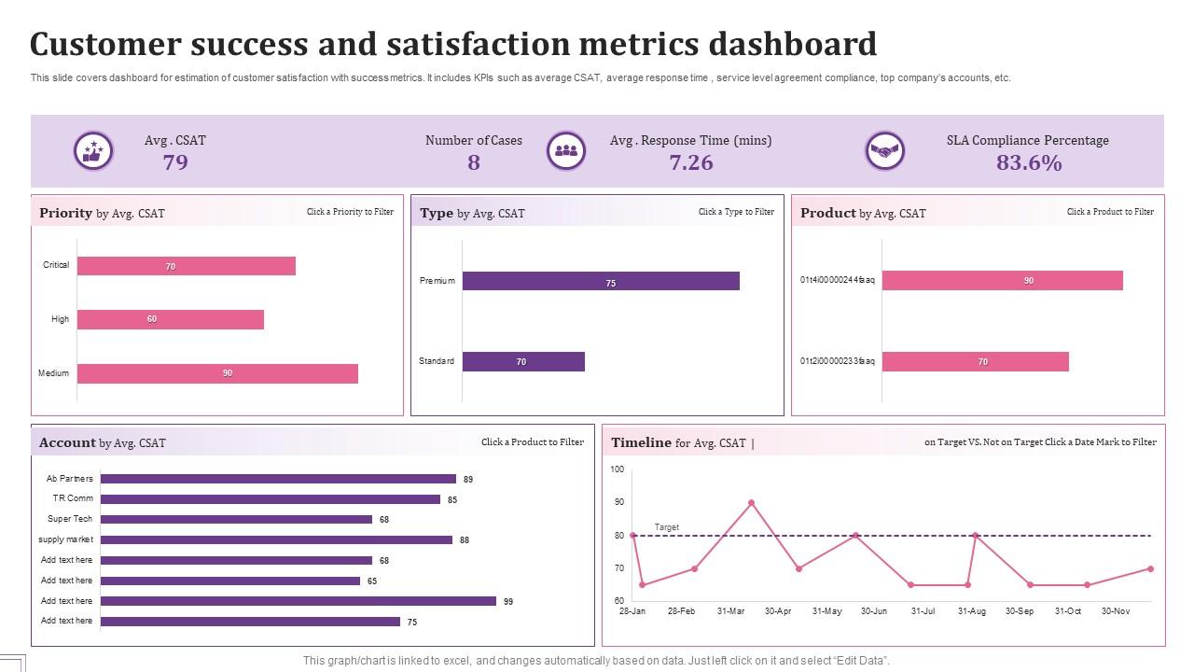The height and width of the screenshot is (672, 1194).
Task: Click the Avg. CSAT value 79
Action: (x=175, y=163)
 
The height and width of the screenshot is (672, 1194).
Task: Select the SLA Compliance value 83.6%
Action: (x=1029, y=163)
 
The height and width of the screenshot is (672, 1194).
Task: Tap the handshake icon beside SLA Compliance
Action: (x=884, y=150)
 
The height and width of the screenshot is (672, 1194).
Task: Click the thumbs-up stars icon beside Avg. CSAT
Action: (x=93, y=150)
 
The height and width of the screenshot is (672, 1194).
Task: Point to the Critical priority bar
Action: (x=187, y=266)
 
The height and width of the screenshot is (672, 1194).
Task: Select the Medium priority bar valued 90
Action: (x=217, y=373)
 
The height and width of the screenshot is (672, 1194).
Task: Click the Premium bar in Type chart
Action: (x=601, y=281)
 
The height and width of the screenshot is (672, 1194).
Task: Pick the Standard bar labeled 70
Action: (x=523, y=361)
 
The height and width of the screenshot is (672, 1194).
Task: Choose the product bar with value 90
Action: (x=1002, y=281)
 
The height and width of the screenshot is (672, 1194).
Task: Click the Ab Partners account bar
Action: (x=278, y=479)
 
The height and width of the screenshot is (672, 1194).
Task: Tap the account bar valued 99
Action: (x=298, y=601)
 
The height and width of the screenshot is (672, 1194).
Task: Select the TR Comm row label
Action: (x=73, y=498)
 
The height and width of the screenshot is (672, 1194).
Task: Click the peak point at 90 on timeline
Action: (x=752, y=503)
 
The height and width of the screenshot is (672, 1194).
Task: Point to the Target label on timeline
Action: (x=667, y=527)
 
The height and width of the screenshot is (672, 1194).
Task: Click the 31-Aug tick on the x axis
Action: (x=972, y=611)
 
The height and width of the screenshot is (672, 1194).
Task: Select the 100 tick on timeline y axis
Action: (x=618, y=469)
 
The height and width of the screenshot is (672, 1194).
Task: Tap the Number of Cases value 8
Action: (x=474, y=163)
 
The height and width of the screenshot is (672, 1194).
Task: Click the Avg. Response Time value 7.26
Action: (x=691, y=163)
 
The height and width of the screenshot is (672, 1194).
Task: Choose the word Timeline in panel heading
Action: (x=641, y=442)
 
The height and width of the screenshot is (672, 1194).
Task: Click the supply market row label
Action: (x=65, y=539)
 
